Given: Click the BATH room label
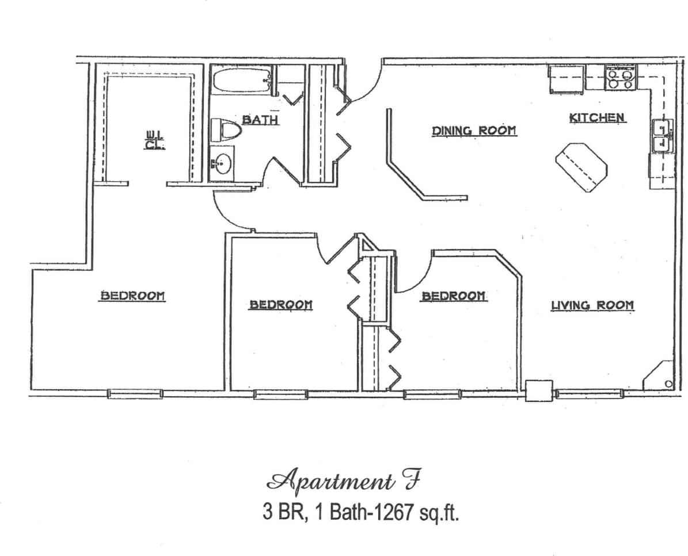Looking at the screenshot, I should coord(260,120).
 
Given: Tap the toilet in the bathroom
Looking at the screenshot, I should coord(225,129).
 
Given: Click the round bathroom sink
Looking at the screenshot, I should coord(221,164).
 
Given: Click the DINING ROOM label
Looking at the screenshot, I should coord(474,131).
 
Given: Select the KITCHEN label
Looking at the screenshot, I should coord(597,118).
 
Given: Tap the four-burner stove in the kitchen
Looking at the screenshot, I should coord(620,78).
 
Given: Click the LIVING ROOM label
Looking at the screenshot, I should coord(592,305).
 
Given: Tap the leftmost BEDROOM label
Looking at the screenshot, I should coord(133,296).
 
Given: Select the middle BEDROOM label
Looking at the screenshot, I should coord(280,305).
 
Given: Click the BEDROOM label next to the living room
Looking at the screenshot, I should coord(454,296).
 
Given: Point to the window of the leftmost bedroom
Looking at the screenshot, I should coord(135,394).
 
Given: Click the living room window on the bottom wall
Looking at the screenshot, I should coord(589,394).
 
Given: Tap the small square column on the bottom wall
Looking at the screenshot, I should coord(539,390).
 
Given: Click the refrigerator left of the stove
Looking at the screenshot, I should coord(567,79).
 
